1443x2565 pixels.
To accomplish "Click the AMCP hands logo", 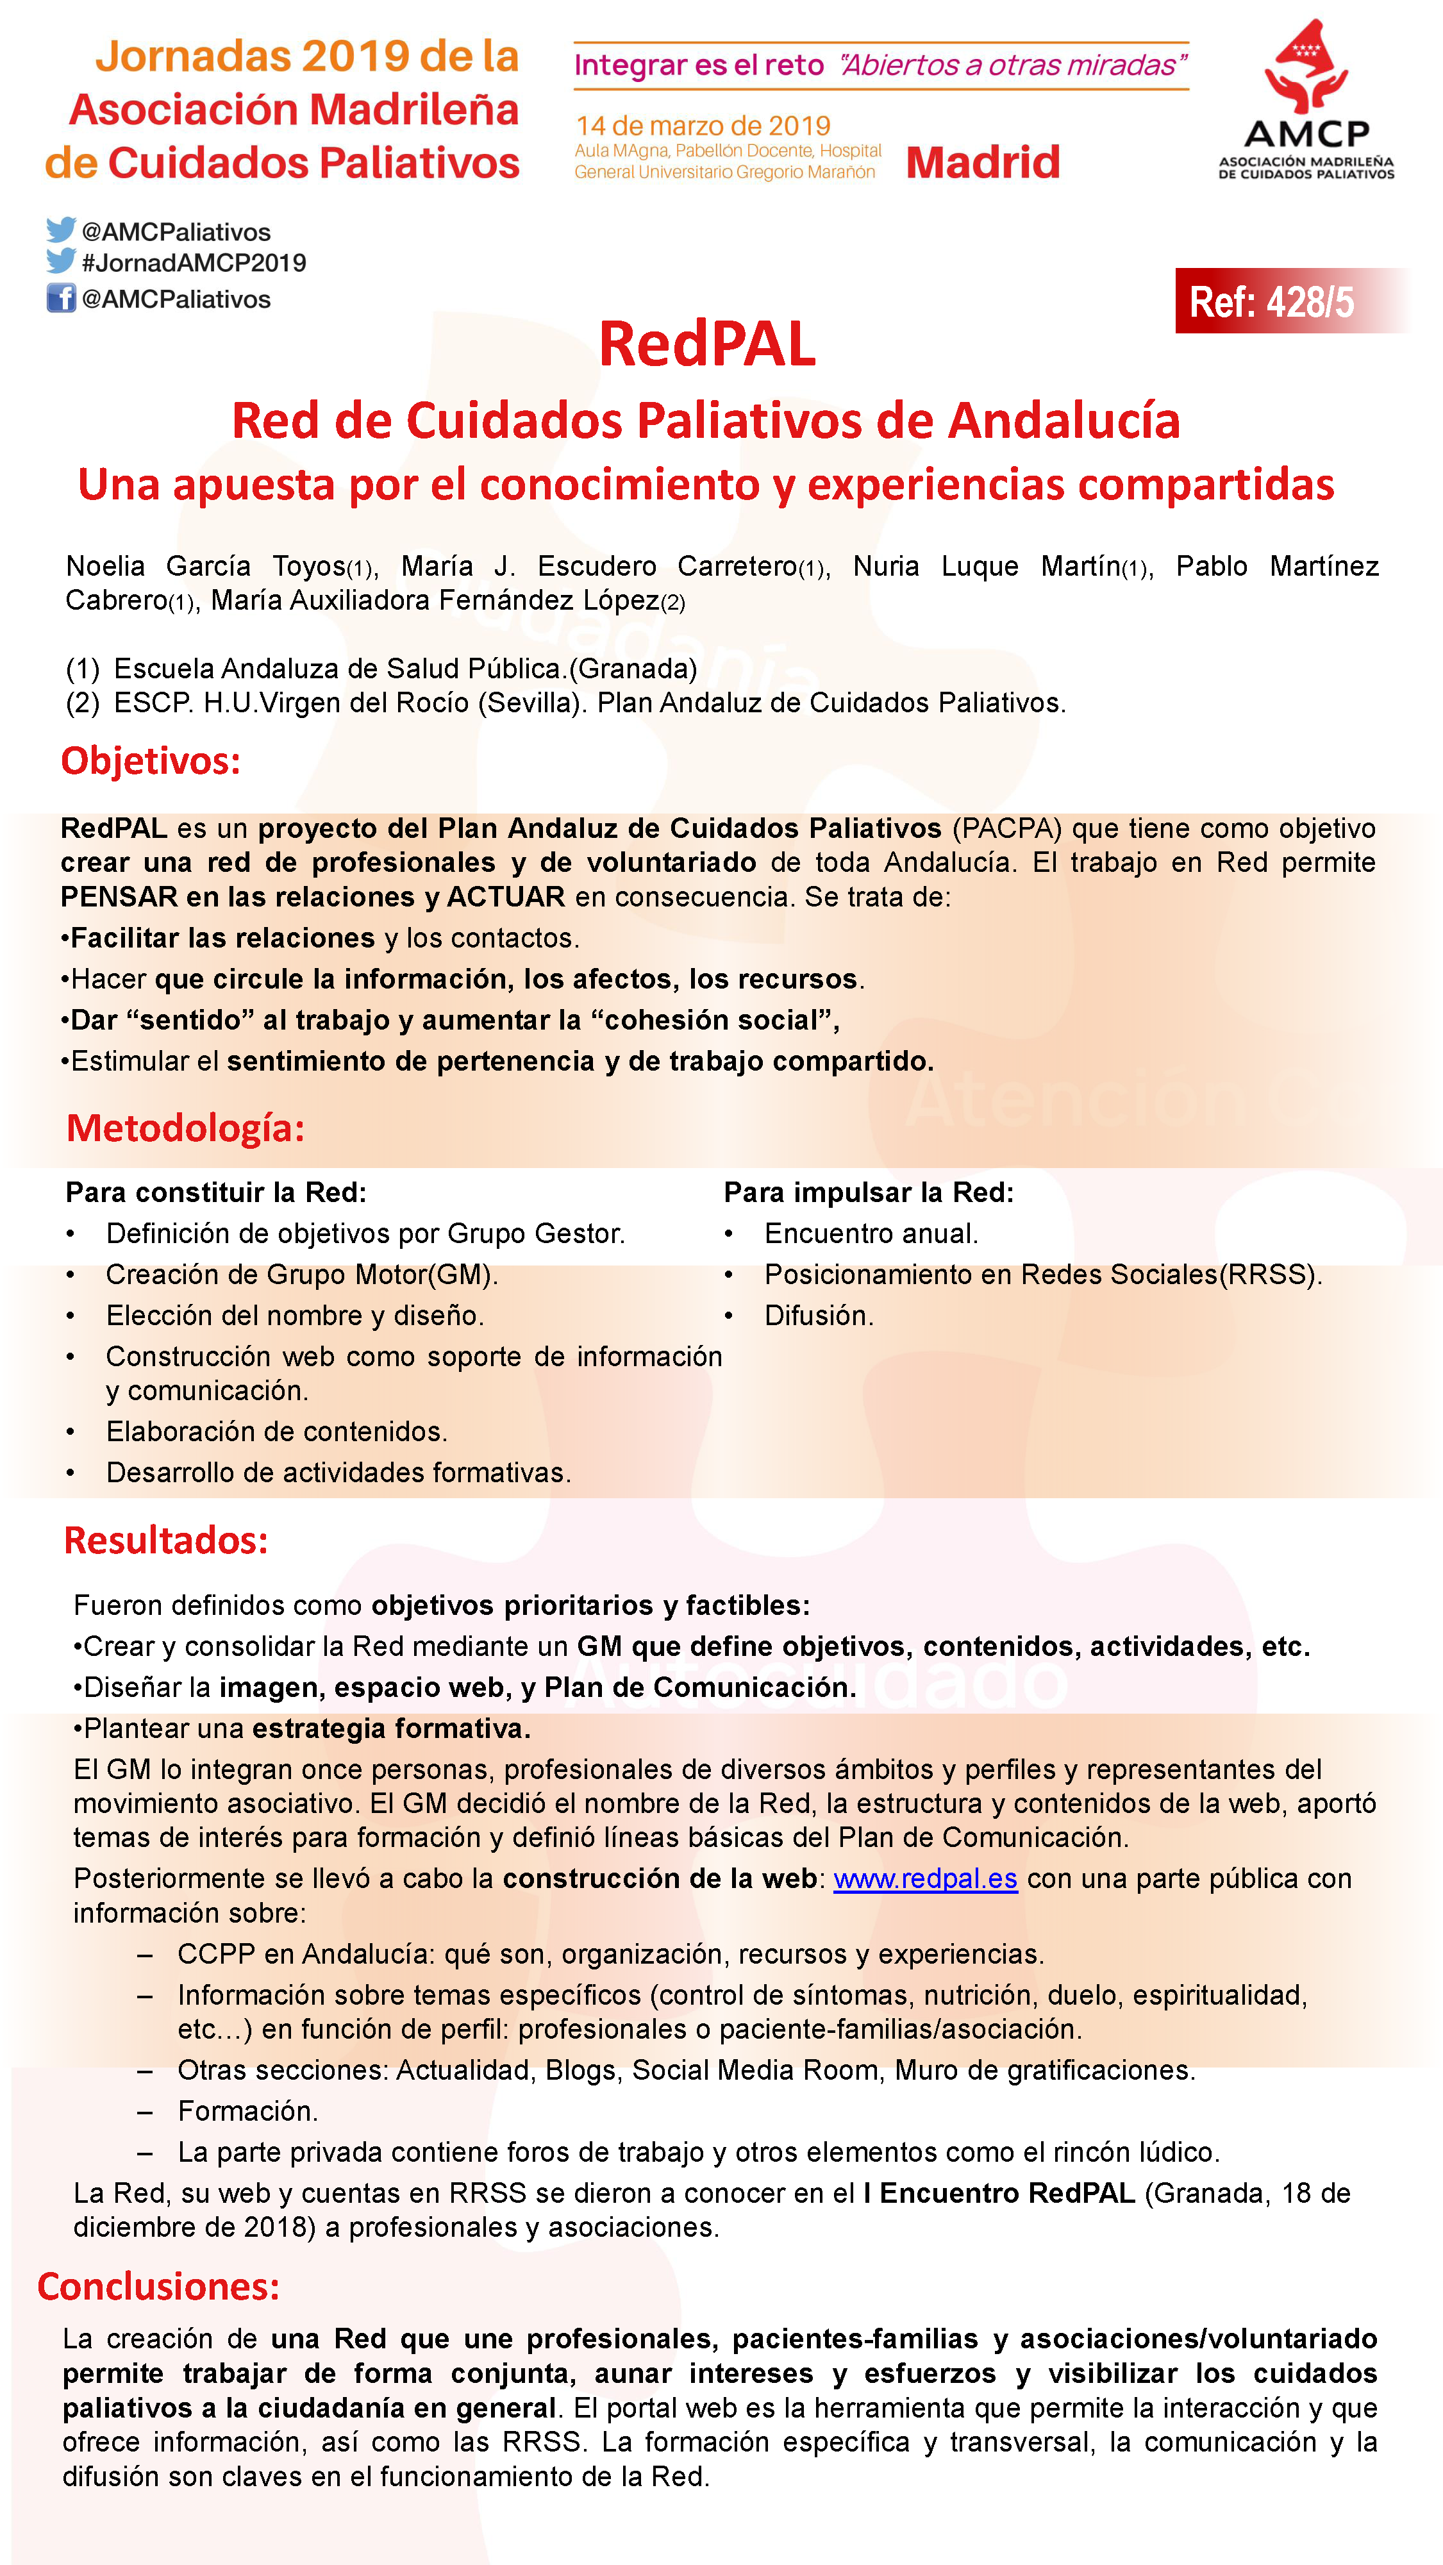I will tap(1306, 68).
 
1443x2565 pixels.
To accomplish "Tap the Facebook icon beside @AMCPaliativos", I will tap(61, 297).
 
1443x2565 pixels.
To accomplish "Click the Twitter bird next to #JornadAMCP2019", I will tap(61, 261).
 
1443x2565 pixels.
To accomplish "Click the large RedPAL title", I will tap(707, 344).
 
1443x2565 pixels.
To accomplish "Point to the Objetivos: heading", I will tap(151, 761).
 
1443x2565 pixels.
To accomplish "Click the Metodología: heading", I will tap(185, 1128).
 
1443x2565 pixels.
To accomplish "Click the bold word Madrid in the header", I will tap(983, 162).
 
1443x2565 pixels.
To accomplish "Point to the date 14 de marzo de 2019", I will tap(703, 126).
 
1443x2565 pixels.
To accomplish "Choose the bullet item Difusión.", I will tap(819, 1316).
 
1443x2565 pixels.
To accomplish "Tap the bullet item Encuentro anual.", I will tap(871, 1233).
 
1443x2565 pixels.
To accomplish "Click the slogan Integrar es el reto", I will tap(699, 66).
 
